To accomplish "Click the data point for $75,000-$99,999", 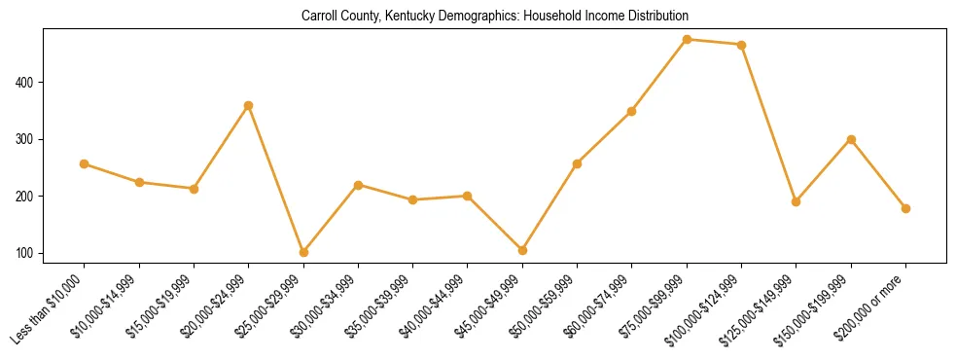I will click(687, 40).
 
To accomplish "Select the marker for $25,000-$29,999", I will click(303, 252).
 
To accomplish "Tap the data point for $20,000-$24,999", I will click(249, 105).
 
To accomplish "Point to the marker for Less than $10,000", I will click(85, 163).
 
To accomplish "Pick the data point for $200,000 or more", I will click(905, 208).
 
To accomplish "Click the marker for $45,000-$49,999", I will click(522, 250).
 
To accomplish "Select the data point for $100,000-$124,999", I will click(741, 45).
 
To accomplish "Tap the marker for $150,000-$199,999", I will click(851, 139).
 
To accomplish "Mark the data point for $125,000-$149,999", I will click(796, 201).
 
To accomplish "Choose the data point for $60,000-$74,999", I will click(632, 111).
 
